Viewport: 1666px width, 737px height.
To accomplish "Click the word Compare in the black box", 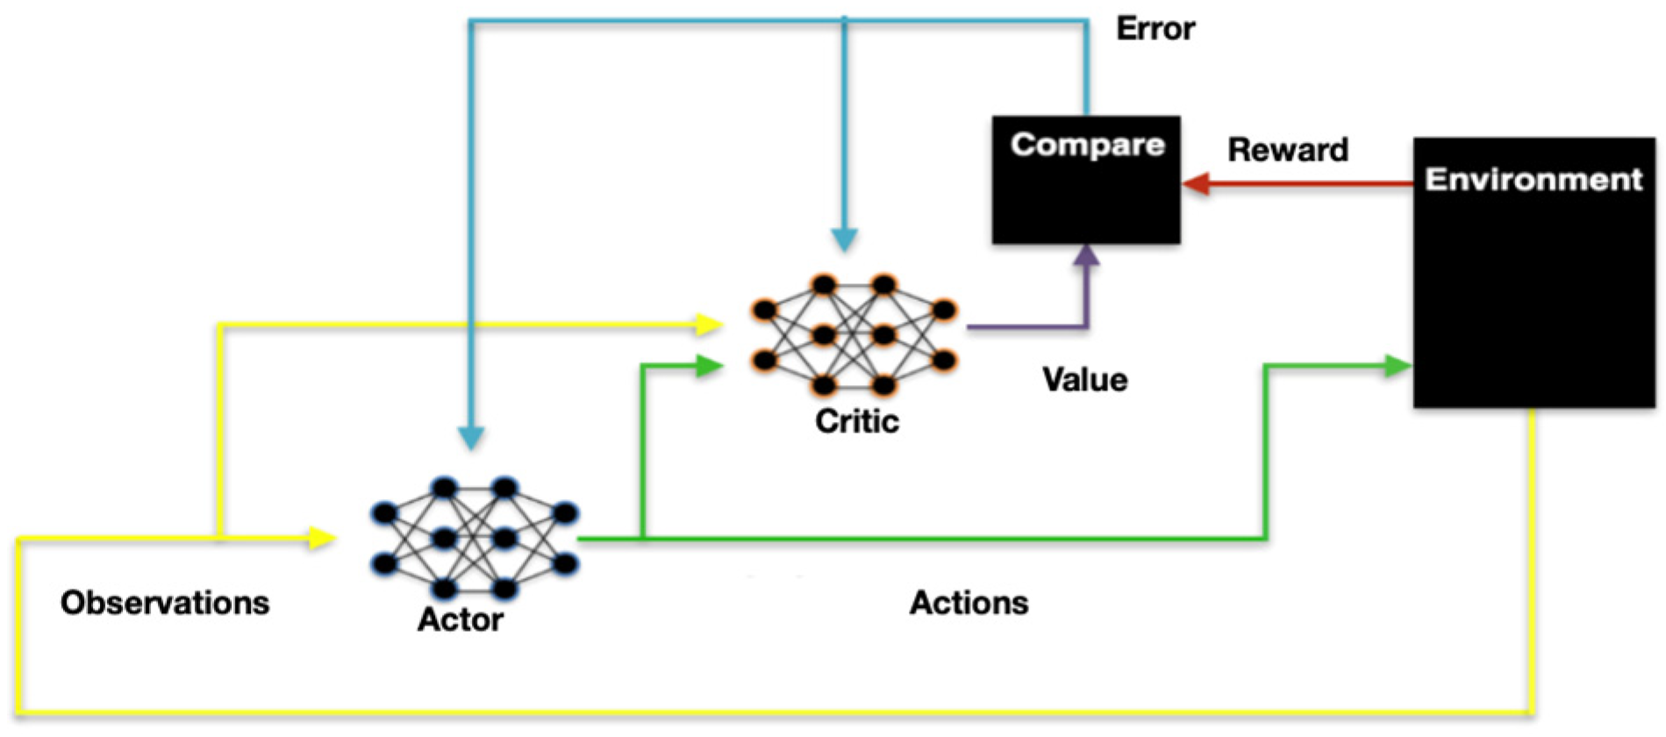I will coord(1087,145).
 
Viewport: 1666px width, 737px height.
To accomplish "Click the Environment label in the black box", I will coord(1533,180).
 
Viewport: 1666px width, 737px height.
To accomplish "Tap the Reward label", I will coord(1287,150).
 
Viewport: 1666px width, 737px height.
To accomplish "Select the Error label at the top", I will coord(1155,29).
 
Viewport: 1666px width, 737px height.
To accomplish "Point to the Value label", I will coord(1084,380).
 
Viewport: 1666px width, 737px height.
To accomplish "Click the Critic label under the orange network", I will coord(856,421).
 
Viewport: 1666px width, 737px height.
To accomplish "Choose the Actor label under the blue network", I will coord(460,619).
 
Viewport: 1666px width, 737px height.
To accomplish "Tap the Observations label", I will coord(165,603).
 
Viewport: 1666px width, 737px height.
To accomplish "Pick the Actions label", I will coord(969,603).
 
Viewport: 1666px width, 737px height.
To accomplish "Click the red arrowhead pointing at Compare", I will coord(1195,184).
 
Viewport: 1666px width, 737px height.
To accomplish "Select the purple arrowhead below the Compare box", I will coord(1087,255).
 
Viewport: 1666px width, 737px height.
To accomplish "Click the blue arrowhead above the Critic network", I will coord(844,240).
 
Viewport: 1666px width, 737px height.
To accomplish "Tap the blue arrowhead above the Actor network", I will coord(471,437).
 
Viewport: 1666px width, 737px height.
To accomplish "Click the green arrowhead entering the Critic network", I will coord(708,366).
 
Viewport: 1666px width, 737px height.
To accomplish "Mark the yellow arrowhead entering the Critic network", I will coord(708,325).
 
